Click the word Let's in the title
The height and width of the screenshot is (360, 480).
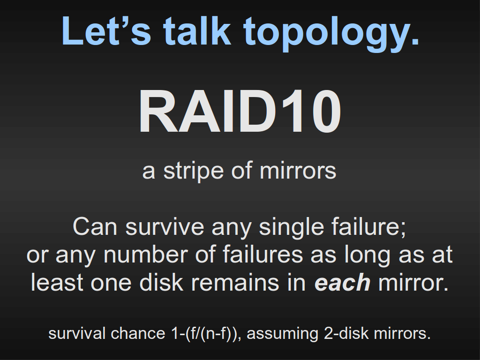click(106, 31)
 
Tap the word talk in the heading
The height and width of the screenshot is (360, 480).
click(196, 30)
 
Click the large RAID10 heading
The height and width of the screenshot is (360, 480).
click(240, 112)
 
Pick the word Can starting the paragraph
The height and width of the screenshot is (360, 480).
click(95, 227)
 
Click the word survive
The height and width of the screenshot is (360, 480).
click(165, 227)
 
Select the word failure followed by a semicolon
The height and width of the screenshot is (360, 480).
click(368, 227)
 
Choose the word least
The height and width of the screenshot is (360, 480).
click(57, 283)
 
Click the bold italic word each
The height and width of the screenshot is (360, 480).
click(343, 283)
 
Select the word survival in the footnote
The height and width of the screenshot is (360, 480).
click(77, 333)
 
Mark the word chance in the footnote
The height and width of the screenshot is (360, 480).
click(138, 333)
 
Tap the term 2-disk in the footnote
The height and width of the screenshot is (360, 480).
click(346, 333)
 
